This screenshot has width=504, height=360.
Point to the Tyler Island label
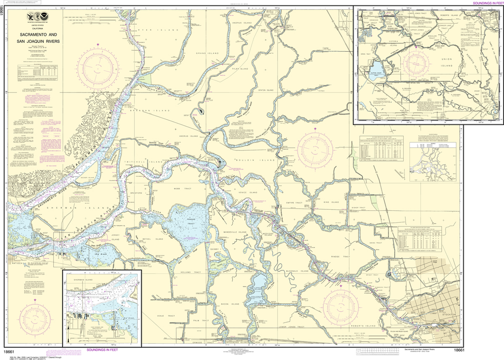pyautogui.click(x=239, y=69)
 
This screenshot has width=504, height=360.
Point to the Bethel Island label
pyautogui.click(x=149, y=239)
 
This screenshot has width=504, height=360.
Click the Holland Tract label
pyautogui.click(x=191, y=272)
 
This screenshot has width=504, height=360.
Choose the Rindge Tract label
pyautogui.click(x=341, y=256)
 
